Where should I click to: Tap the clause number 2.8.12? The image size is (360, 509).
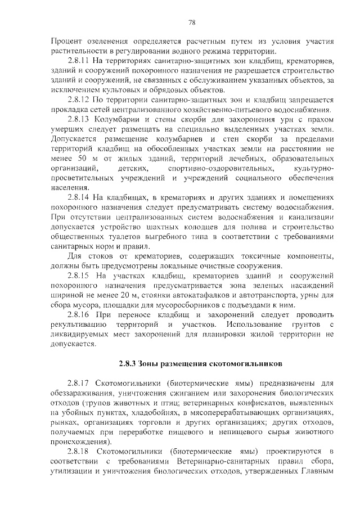click(x=78, y=100)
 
